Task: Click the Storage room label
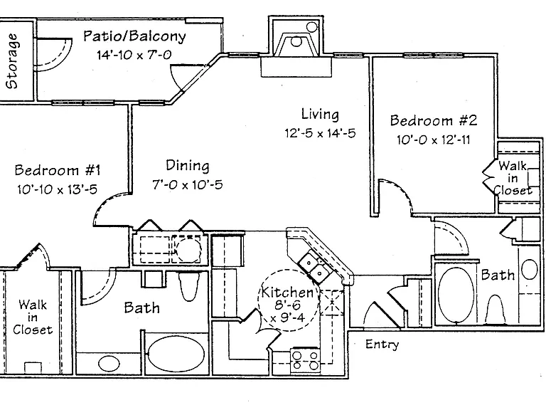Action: [x=12, y=61]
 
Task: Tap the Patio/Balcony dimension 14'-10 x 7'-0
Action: [x=134, y=55]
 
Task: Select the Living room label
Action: [x=320, y=115]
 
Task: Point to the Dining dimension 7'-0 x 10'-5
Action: [x=188, y=184]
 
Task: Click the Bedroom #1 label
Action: [x=58, y=170]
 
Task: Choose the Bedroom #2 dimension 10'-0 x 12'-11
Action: [x=434, y=140]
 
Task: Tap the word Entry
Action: [x=382, y=345]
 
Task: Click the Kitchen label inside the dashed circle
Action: [x=288, y=292]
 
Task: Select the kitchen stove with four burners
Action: [x=306, y=360]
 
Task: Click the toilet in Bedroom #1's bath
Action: [x=189, y=287]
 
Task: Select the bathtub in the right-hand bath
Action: [x=456, y=295]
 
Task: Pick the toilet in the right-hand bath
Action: [x=495, y=310]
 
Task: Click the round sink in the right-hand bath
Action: [x=529, y=269]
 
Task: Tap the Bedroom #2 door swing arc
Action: [x=400, y=190]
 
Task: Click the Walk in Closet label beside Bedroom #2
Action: [x=512, y=178]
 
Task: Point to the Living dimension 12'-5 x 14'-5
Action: [x=320, y=133]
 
